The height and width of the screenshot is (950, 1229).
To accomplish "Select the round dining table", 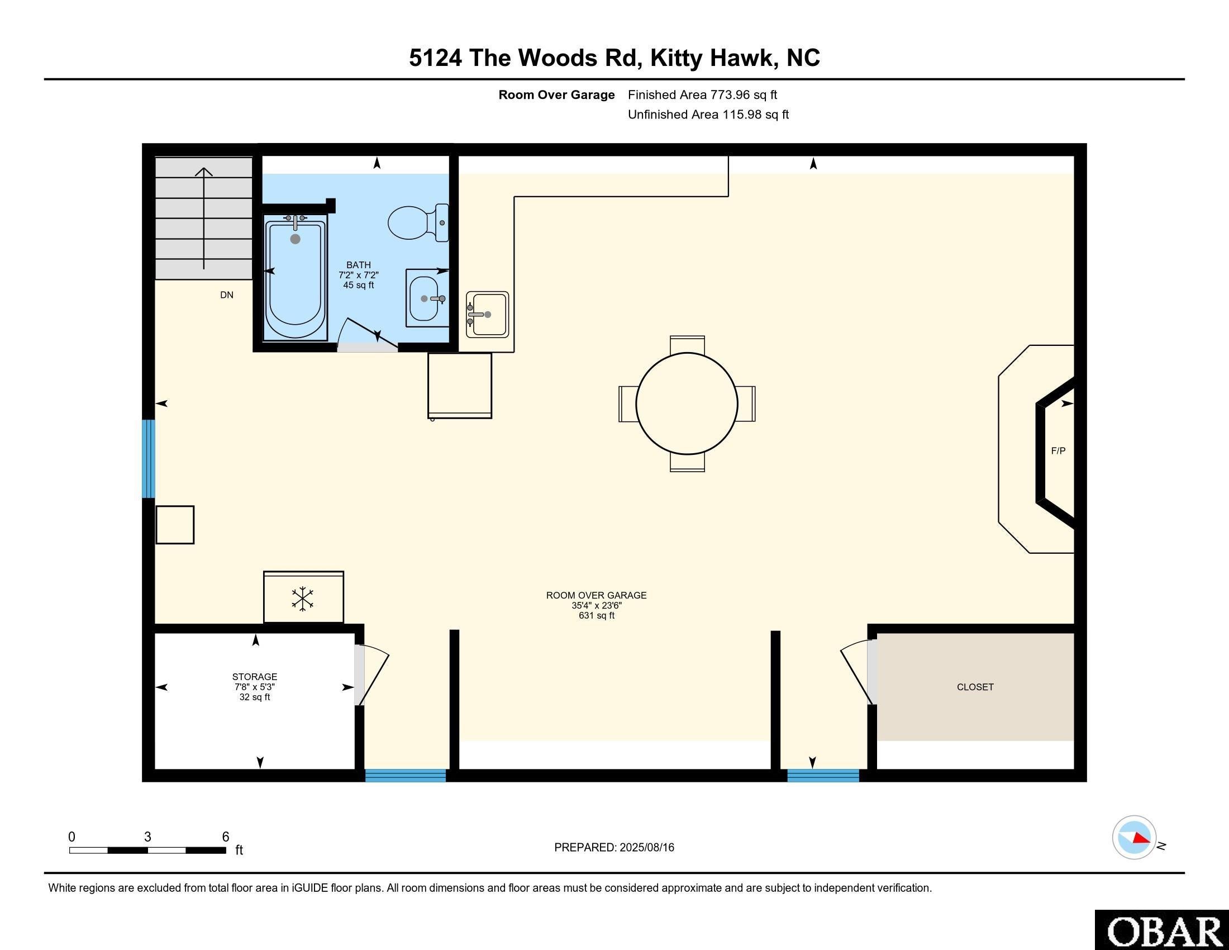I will point(687,403).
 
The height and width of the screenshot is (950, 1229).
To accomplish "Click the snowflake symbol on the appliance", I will point(303,599).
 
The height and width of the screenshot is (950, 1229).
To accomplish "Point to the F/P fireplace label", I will point(1058,451).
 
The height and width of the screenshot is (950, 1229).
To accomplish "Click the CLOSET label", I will point(975,687).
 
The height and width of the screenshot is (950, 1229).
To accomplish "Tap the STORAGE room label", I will point(254,677).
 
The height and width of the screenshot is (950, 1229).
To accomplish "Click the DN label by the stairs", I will point(227,295).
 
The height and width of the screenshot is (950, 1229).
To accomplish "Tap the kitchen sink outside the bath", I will point(487,314).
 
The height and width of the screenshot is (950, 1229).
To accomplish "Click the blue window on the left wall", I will point(148,459).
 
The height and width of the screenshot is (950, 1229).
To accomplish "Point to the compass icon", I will point(1134,838).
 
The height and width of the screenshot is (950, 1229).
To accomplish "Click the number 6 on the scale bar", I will point(226,837).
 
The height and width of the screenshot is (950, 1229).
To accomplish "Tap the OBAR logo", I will point(1163,932).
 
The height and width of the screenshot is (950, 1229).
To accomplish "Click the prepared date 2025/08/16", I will point(646,848).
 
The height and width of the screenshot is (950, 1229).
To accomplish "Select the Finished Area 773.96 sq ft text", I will point(702,95).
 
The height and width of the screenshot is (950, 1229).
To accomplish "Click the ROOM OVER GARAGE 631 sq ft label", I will point(596,605).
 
